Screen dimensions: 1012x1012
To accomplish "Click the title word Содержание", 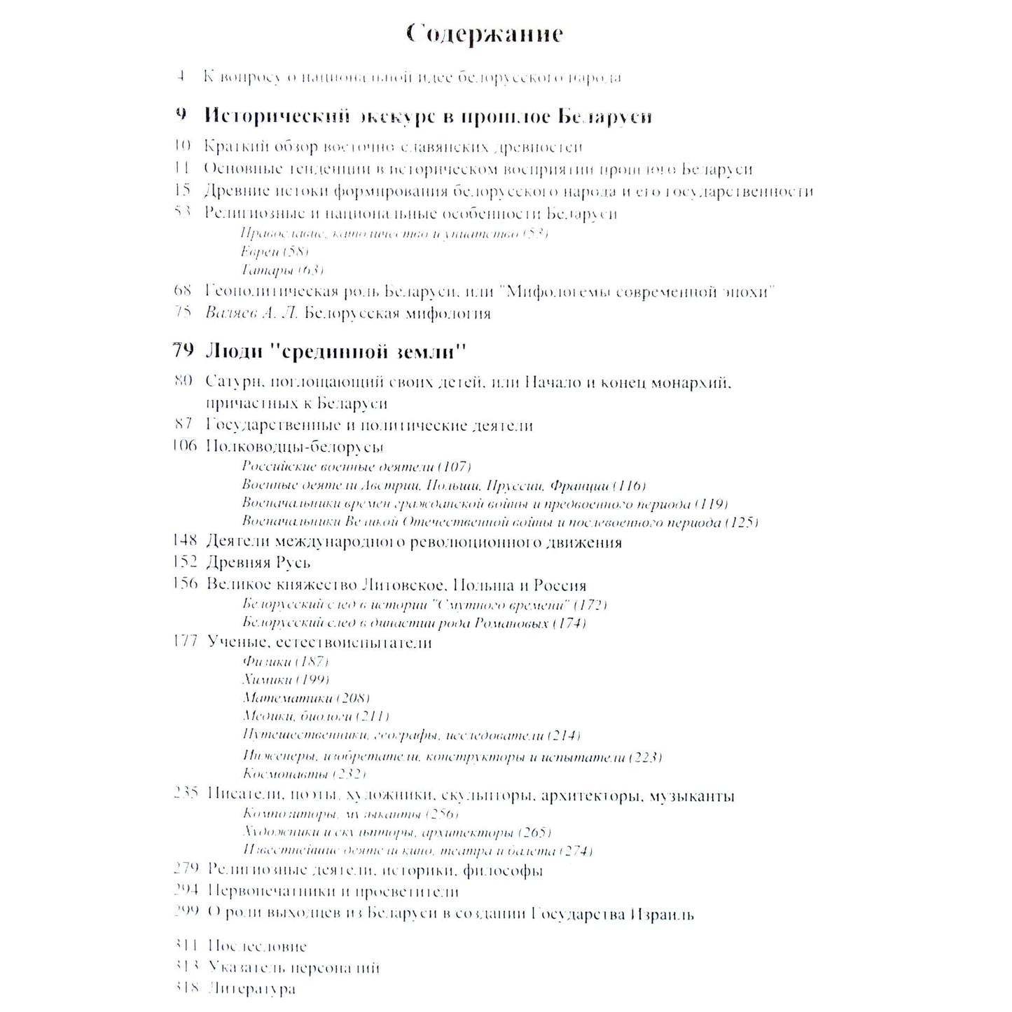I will (x=485, y=34).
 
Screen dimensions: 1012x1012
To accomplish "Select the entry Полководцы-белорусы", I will (x=295, y=446).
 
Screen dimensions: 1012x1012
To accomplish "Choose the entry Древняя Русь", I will (x=258, y=562).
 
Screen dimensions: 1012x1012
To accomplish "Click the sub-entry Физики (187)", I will (x=286, y=661).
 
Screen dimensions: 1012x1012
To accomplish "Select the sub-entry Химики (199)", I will (x=286, y=679).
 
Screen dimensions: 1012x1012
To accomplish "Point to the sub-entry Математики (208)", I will (x=306, y=698).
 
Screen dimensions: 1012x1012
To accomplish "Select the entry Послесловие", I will (x=257, y=947).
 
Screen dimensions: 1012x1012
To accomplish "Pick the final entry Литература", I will (x=251, y=989).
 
